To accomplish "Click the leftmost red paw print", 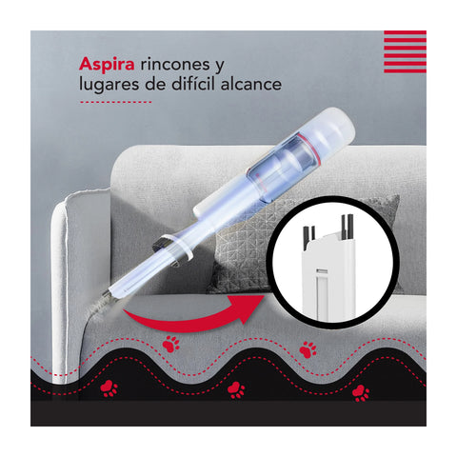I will [110, 387].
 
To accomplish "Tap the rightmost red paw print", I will [361, 391].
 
